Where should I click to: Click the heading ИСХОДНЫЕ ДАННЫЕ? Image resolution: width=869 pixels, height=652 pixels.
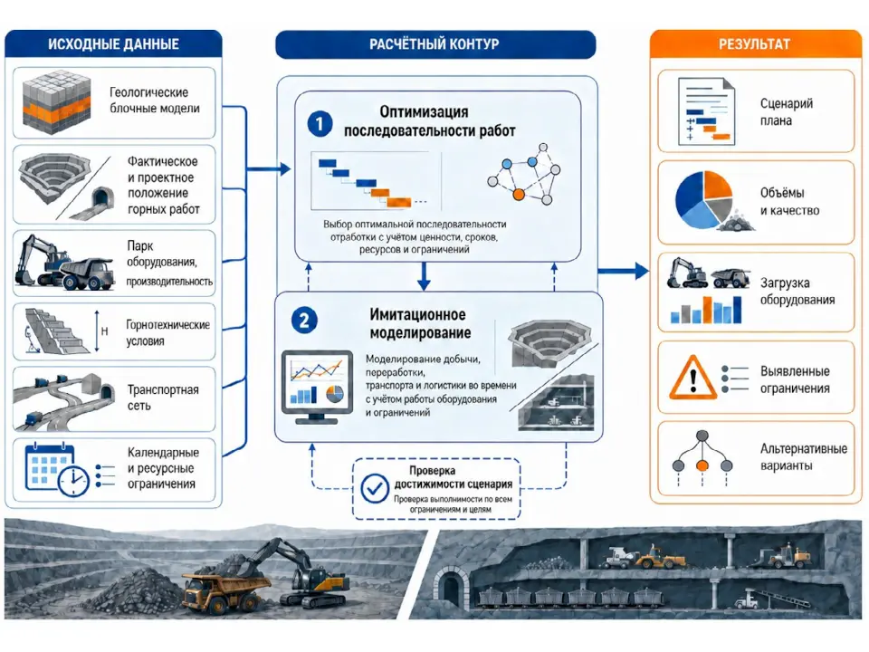click(x=113, y=44)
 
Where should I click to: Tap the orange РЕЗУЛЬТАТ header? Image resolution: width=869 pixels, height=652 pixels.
click(x=754, y=43)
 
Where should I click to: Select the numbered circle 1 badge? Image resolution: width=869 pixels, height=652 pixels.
click(x=320, y=123)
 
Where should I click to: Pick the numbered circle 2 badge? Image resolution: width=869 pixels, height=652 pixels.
click(x=304, y=321)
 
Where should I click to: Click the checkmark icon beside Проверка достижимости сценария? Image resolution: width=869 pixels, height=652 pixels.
click(x=375, y=488)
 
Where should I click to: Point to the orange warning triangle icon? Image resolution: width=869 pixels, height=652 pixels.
click(x=692, y=378)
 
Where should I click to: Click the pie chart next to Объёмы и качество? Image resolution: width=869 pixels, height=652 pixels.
click(x=704, y=200)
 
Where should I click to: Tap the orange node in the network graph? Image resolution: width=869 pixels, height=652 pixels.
click(x=518, y=194)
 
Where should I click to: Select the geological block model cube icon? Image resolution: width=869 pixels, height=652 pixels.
click(x=56, y=102)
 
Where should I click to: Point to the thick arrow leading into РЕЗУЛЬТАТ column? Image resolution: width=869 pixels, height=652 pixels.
click(x=623, y=271)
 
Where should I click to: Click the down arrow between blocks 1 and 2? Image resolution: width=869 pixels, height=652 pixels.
click(x=424, y=276)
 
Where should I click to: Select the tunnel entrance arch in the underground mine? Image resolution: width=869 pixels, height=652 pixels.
click(x=450, y=587)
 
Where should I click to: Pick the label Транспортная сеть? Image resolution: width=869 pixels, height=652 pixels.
click(x=163, y=398)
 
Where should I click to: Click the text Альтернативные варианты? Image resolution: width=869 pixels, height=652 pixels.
click(x=804, y=456)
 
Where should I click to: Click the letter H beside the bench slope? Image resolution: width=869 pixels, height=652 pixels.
click(x=104, y=331)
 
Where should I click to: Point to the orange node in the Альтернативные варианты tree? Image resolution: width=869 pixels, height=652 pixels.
click(x=702, y=465)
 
